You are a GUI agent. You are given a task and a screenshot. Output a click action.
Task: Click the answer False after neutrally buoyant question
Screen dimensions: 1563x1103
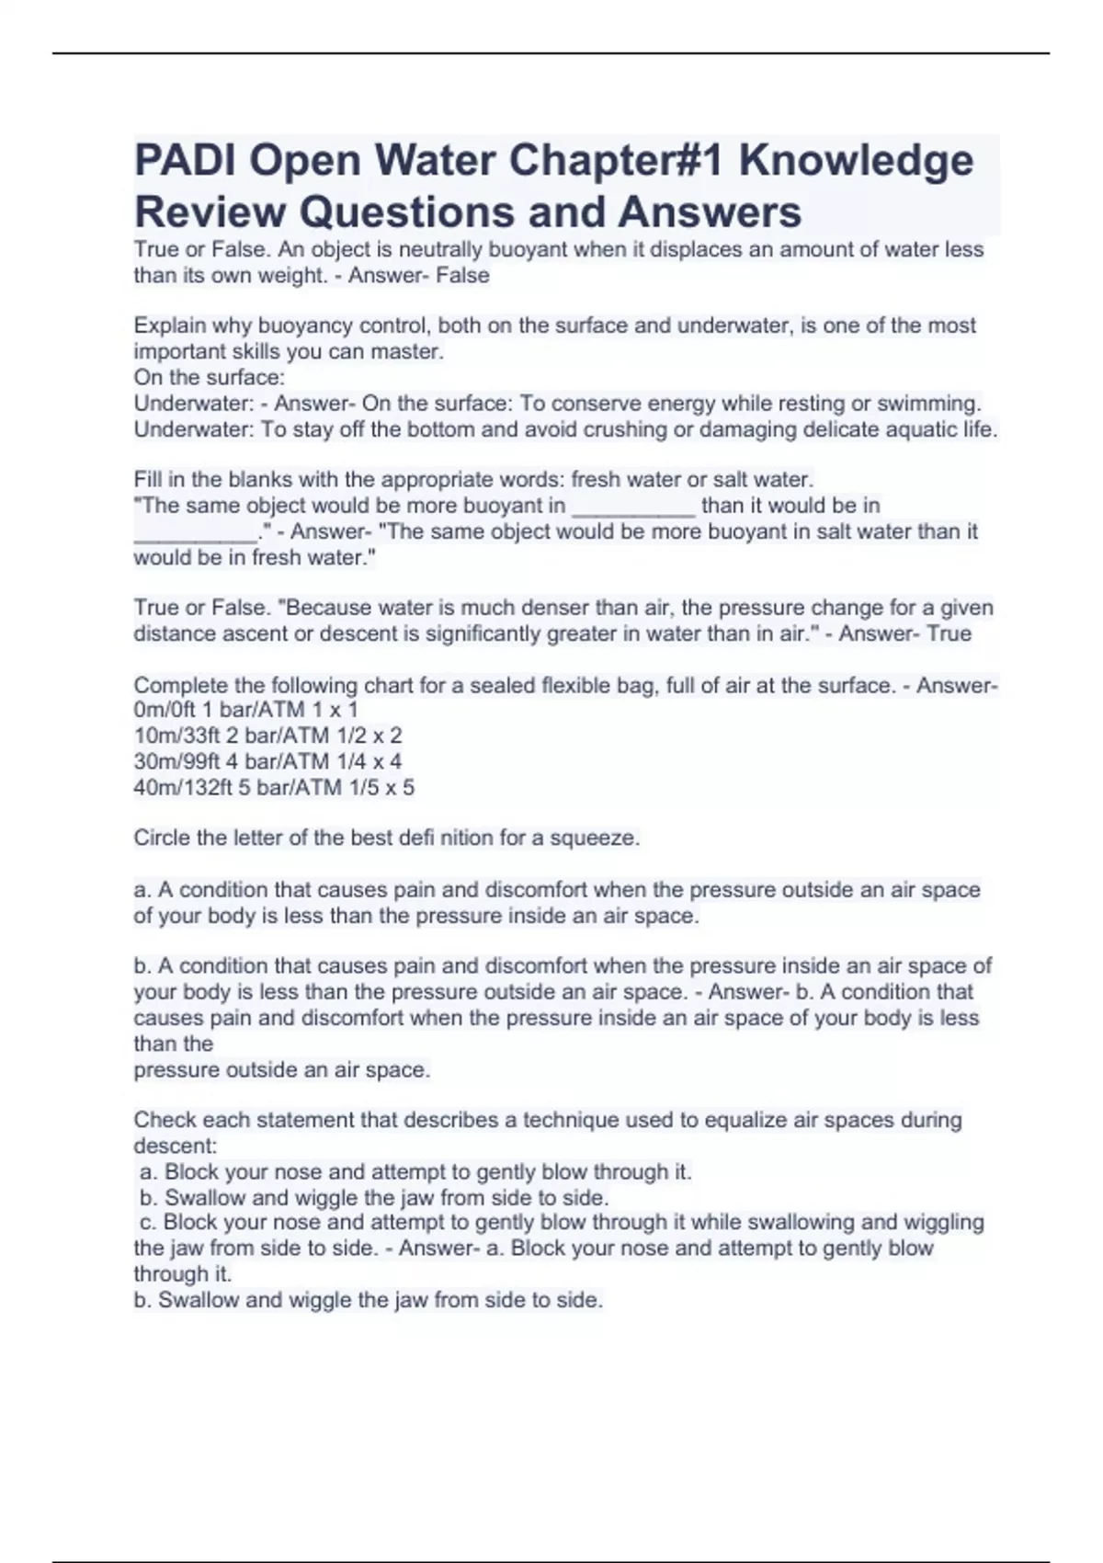[463, 276]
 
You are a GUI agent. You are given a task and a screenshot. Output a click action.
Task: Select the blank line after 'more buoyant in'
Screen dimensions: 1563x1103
[633, 507]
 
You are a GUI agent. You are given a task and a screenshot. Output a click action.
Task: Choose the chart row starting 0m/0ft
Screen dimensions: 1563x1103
[245, 710]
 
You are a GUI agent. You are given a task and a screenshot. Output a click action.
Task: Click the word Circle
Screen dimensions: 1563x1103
[161, 839]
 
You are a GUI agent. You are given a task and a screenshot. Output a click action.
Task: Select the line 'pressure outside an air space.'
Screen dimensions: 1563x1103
[281, 1070]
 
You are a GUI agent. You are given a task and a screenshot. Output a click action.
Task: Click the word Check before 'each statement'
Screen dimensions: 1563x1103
[165, 1121]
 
